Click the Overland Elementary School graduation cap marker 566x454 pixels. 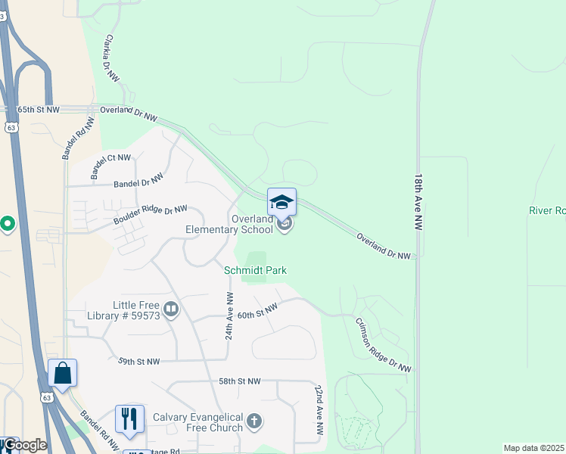[281, 203]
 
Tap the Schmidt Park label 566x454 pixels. [255, 270]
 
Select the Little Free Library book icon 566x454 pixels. [172, 309]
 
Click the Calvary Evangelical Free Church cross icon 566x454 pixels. [255, 421]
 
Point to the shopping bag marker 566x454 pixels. [62, 374]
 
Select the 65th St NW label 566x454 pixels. [39, 110]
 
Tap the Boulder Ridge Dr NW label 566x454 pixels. [151, 215]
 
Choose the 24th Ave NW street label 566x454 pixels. [229, 315]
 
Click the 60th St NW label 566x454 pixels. [257, 309]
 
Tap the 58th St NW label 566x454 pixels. [239, 381]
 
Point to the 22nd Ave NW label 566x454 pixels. [320, 409]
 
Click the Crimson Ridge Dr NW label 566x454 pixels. [384, 344]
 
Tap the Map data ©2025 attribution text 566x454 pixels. [533, 448]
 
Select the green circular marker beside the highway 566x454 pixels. [8, 224]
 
